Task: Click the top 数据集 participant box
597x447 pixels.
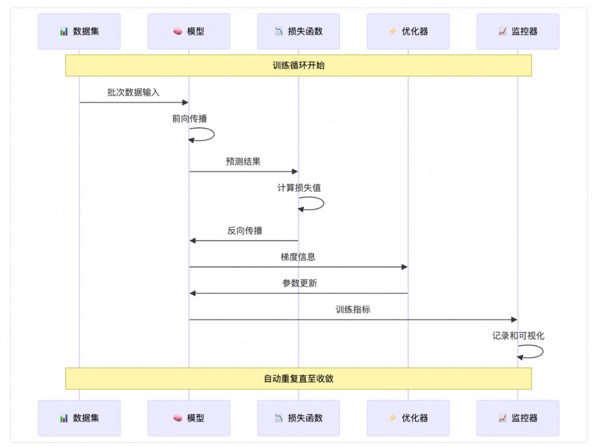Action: point(79,32)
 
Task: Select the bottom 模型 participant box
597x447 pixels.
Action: point(188,418)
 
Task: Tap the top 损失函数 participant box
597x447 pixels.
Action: point(298,32)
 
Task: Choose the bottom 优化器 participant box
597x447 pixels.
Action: point(408,418)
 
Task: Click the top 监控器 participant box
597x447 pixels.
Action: point(517,32)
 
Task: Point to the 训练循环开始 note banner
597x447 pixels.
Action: point(298,65)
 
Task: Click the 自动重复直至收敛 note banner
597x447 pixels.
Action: point(298,379)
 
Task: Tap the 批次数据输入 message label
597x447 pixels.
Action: point(133,92)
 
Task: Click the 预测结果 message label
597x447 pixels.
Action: point(243,162)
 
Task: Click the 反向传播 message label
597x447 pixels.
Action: point(245,231)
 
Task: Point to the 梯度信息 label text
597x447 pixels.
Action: point(298,257)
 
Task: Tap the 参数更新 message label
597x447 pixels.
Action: point(300,283)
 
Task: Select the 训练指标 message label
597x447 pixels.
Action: point(353,310)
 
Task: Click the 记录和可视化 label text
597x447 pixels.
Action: point(518,336)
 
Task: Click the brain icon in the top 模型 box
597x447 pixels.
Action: point(177,32)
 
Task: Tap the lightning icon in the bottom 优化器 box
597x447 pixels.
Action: point(392,418)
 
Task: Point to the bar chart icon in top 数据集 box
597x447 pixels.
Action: point(64,32)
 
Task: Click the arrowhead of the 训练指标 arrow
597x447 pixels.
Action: point(514,320)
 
